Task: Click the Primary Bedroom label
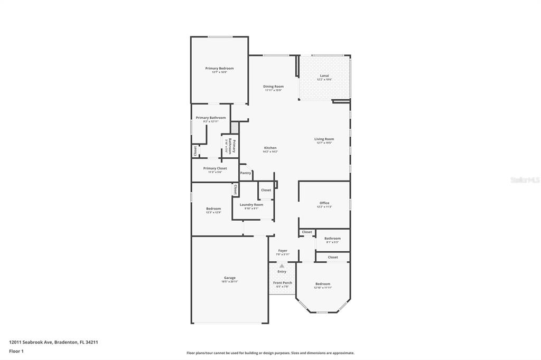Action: pos(219,68)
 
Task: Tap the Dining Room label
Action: pos(273,86)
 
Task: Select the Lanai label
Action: pos(324,75)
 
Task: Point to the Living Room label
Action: pos(324,139)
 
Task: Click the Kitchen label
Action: pos(270,148)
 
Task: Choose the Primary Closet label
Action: pos(215,168)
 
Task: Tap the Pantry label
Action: pos(246,173)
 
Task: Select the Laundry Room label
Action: pos(251,204)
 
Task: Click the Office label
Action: pos(324,203)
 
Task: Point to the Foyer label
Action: pos(283,251)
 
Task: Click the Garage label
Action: pos(229,278)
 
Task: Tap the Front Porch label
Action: pos(282,283)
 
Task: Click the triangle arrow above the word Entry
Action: pos(282,266)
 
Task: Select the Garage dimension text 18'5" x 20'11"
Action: pos(229,282)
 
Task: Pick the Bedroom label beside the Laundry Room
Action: pos(213,209)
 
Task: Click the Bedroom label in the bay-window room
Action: pos(322,283)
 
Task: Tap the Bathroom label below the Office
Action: pos(332,238)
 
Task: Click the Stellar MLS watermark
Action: pos(524,180)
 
